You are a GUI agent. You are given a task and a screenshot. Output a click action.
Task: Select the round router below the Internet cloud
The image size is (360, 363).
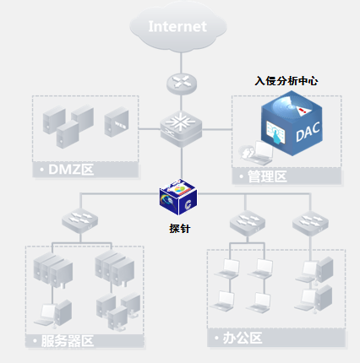179,81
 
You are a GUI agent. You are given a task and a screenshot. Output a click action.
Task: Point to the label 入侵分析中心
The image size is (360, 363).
286,82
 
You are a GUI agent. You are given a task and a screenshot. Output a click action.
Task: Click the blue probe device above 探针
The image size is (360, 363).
178,198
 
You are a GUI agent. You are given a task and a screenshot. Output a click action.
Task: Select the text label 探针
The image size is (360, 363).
178,228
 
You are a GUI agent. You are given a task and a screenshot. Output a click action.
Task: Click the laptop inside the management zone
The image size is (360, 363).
258,152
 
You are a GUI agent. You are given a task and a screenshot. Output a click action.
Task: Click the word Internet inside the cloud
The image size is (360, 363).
177,26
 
